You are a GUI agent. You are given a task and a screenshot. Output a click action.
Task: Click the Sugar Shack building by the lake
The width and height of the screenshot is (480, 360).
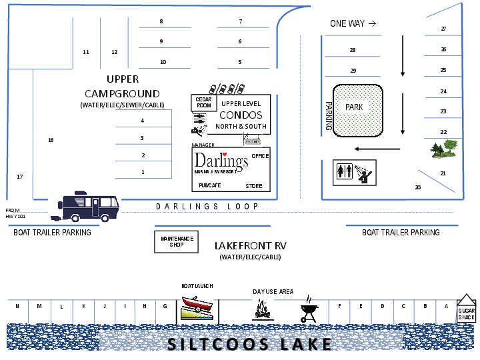click(467, 309)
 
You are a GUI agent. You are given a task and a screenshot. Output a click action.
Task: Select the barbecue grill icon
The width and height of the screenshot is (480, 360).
click(308, 310)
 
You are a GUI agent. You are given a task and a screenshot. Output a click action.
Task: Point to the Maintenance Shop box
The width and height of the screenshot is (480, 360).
click(177, 241)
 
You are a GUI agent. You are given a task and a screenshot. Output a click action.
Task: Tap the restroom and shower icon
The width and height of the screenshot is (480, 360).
click(354, 173)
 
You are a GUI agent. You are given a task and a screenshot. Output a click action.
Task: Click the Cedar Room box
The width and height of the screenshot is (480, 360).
click(204, 103)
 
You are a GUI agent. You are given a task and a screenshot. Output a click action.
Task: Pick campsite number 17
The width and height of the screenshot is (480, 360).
click(20, 177)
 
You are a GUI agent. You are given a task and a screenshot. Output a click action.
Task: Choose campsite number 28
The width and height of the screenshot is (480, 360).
click(353, 51)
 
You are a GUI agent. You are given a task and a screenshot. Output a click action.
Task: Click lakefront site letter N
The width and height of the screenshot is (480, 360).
click(17, 306)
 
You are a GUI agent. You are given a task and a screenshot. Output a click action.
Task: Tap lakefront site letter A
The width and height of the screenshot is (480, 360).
click(446, 306)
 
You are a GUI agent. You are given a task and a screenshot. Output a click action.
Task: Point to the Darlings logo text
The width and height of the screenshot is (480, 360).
click(221, 161)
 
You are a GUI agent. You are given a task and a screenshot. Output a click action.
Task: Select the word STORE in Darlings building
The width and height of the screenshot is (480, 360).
click(254, 186)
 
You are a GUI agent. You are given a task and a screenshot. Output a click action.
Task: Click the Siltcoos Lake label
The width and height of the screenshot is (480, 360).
click(249, 344)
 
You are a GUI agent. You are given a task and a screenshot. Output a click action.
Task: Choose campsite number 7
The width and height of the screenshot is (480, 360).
click(240, 21)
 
